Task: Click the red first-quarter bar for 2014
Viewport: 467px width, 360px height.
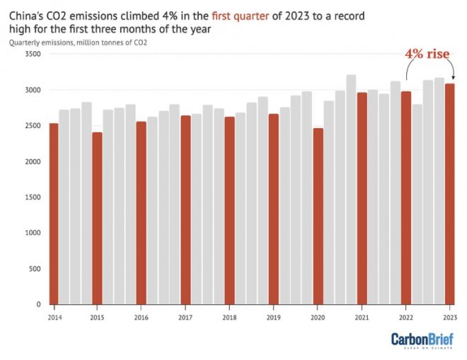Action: click(x=54, y=214)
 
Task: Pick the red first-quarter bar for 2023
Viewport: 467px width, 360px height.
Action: click(x=449, y=194)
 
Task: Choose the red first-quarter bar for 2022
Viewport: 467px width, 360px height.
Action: click(x=405, y=197)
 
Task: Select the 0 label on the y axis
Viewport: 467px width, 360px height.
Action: click(x=38, y=305)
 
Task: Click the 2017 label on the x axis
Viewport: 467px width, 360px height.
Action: click(x=186, y=316)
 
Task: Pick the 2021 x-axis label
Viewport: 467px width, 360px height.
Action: click(x=362, y=316)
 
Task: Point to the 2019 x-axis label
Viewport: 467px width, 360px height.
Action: click(x=274, y=316)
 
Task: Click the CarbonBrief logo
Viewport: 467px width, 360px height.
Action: click(x=423, y=340)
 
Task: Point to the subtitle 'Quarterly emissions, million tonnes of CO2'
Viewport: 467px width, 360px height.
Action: click(x=83, y=42)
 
